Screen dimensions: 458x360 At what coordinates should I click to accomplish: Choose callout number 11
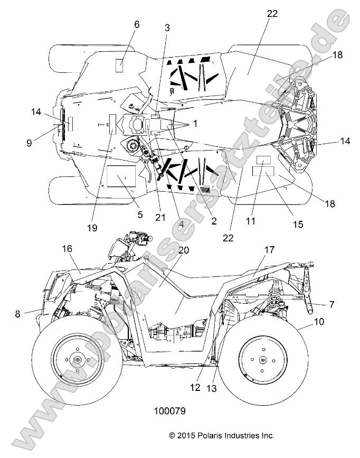251,221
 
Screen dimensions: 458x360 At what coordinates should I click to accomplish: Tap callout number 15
283,224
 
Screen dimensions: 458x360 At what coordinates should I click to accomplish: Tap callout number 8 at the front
18,314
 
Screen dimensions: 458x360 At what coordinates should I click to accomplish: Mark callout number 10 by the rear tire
304,321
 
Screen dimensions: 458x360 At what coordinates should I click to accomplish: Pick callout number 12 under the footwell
195,387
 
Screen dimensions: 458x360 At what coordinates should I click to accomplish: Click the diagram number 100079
169,409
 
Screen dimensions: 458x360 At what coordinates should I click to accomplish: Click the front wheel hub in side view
78,360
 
